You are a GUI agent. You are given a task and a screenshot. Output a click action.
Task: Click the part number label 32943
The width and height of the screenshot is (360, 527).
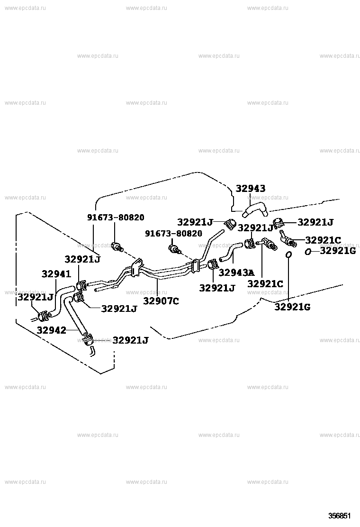click(x=250, y=189)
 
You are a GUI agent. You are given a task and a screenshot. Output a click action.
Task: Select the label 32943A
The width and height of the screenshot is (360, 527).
click(x=236, y=273)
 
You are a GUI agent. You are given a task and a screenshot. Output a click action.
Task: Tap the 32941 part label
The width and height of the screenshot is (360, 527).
click(x=56, y=274)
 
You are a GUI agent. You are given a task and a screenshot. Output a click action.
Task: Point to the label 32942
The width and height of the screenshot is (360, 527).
click(x=51, y=330)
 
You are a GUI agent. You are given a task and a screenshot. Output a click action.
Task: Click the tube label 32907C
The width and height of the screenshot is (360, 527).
click(x=161, y=301)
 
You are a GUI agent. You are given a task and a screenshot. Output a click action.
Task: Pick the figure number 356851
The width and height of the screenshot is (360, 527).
click(x=340, y=516)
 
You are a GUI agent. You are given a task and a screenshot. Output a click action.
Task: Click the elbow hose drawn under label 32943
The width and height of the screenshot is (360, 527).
click(x=255, y=210)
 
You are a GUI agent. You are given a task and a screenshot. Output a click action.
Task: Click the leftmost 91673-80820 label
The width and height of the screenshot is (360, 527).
click(x=116, y=218)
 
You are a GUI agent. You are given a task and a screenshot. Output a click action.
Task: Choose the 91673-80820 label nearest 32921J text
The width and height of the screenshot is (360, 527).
click(x=173, y=233)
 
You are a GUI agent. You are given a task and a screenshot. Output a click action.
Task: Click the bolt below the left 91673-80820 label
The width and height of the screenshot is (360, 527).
click(x=117, y=246)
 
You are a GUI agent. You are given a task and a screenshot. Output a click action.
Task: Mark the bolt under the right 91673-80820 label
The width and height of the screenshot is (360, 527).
click(x=175, y=249)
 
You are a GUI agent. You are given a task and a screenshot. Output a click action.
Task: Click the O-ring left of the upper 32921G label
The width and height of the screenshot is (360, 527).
click(x=307, y=251)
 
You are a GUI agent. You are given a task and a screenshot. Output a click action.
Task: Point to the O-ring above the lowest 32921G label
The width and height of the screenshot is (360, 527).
click(x=288, y=255)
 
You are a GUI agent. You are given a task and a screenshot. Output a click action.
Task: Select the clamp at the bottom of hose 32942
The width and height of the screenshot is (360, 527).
click(x=87, y=339)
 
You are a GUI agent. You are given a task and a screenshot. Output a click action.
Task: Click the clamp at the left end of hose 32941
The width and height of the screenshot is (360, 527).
click(x=43, y=316)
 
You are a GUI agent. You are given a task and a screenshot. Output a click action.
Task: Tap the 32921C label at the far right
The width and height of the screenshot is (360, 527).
click(x=323, y=240)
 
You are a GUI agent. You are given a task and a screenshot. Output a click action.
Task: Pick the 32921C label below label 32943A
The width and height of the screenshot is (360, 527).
click(x=265, y=284)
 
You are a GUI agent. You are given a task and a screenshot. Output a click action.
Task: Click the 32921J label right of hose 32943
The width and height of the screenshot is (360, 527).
click(x=315, y=222)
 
